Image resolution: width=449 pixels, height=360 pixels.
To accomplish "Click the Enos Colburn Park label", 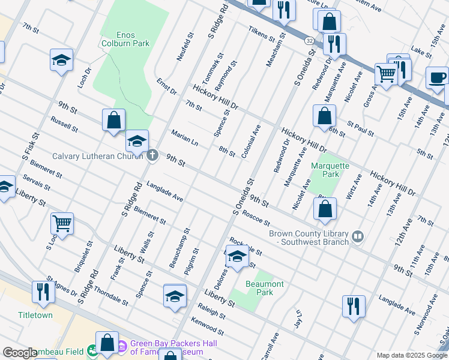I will (125, 38).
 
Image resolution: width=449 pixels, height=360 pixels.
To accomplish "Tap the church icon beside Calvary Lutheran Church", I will (152, 156).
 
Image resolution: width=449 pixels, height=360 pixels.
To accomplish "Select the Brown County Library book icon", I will (358, 237).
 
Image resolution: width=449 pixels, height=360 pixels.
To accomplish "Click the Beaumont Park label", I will (265, 288).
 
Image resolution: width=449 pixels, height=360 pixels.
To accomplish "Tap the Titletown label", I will (35, 315).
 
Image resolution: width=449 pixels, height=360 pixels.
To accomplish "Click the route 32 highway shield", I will (309, 40).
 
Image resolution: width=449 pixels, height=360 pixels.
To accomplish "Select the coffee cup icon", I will (437, 77).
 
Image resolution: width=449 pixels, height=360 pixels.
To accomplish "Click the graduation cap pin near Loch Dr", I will (61, 60).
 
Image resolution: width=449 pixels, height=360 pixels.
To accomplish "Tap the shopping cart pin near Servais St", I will (62, 224).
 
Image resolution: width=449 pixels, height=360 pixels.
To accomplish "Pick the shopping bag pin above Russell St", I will (113, 120).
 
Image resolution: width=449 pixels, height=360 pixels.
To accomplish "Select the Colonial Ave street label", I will (251, 142).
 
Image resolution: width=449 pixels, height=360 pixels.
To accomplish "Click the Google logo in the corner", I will (20, 353).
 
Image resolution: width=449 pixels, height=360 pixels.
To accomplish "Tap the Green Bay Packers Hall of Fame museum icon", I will (122, 346).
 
